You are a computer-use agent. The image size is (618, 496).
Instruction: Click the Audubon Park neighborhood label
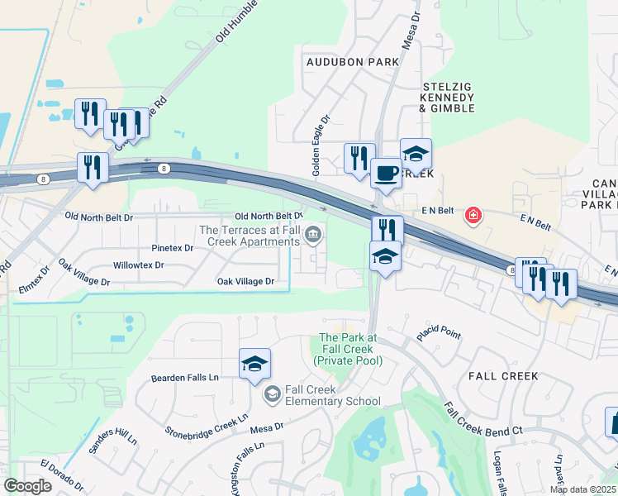click(x=352, y=62)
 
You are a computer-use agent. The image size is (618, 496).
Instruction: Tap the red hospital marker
click(x=473, y=216)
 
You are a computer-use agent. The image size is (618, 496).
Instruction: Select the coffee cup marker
click(x=385, y=174)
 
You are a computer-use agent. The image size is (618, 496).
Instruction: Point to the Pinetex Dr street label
click(x=172, y=248)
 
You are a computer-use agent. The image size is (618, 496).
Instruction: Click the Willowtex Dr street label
click(x=138, y=266)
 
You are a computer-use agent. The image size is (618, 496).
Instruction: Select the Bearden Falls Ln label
click(x=184, y=378)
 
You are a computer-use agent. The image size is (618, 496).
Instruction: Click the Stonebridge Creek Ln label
click(x=207, y=421)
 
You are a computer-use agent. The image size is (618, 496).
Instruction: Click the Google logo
click(x=27, y=486)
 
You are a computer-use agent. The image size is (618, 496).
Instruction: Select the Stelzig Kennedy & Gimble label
click(x=448, y=97)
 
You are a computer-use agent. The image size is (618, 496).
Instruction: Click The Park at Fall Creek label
click(x=348, y=349)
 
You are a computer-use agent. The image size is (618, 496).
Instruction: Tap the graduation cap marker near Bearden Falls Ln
click(x=254, y=363)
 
